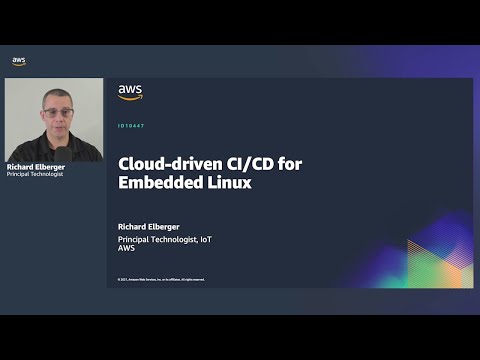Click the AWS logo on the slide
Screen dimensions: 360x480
coord(130,92)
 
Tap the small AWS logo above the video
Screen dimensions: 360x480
coord(19,61)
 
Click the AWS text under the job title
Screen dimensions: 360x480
coord(126,249)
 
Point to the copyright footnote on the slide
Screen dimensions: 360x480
coord(160,279)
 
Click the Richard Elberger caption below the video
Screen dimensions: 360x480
coord(35,166)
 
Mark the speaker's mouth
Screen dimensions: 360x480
coord(55,124)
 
